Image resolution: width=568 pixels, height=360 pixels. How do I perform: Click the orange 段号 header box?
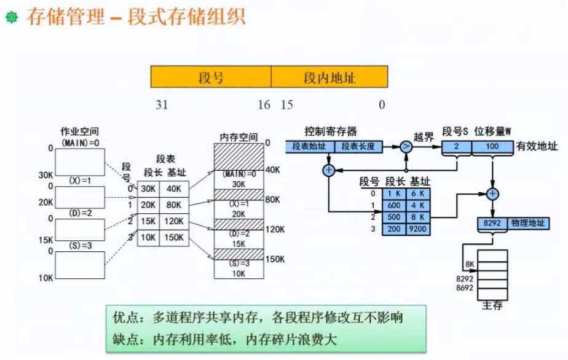(211, 77)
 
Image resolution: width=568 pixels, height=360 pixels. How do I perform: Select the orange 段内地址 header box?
(329, 77)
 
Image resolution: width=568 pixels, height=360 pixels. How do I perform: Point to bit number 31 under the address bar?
(162, 105)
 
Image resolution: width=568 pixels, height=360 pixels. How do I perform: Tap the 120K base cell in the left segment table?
(174, 221)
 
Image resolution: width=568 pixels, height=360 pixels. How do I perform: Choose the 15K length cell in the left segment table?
(148, 221)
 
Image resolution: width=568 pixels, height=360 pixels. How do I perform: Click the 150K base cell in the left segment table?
(174, 238)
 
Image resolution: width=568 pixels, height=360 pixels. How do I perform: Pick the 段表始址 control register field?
(309, 147)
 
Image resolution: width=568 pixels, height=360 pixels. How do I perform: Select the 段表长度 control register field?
(358, 147)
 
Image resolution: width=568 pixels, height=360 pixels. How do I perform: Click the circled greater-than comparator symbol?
(406, 147)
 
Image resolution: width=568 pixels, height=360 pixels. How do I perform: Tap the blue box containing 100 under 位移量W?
(492, 147)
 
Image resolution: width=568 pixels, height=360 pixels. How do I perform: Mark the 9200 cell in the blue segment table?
(418, 229)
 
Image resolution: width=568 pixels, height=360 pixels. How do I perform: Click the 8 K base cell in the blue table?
(418, 217)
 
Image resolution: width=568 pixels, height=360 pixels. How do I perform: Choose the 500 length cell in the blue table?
(394, 217)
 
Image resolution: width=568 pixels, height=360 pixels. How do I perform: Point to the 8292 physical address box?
(492, 223)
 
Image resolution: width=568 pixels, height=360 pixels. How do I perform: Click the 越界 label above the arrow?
(424, 137)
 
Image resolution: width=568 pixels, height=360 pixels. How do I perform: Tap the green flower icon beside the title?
(12, 17)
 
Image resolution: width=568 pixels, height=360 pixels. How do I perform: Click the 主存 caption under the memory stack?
(492, 305)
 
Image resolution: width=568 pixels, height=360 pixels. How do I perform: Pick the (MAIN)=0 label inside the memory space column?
(239, 174)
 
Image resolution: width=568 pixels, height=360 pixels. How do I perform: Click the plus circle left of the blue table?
(328, 170)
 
